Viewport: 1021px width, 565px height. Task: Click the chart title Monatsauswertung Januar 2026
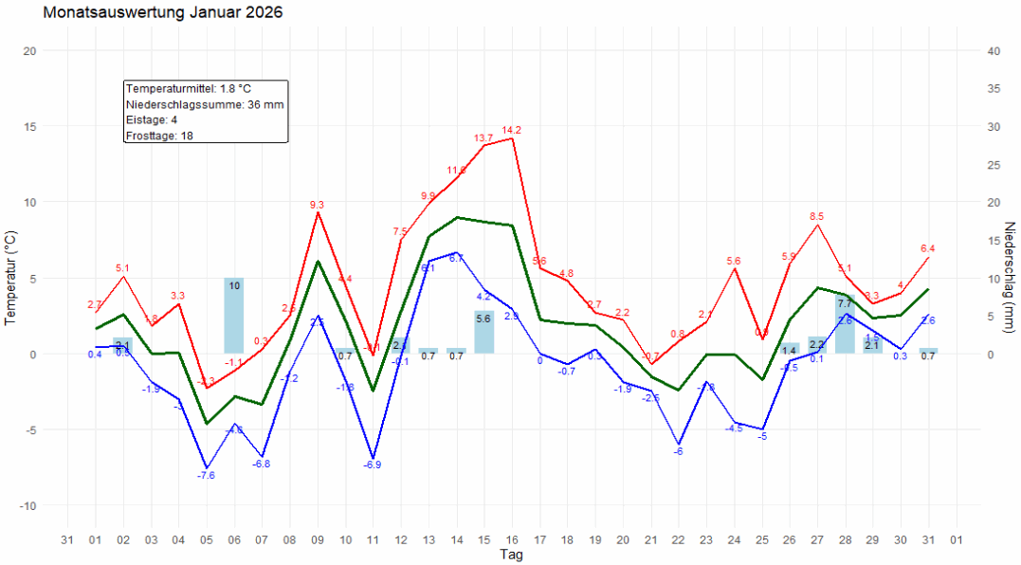pyautogui.click(x=162, y=13)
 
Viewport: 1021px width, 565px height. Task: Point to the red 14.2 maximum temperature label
pyautogui.click(x=512, y=130)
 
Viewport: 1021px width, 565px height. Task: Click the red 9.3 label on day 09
pyautogui.click(x=317, y=205)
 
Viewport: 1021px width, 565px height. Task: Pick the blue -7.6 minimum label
pyautogui.click(x=206, y=475)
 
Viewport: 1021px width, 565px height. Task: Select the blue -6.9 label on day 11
pyautogui.click(x=372, y=465)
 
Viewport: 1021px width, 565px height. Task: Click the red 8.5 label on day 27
pyautogui.click(x=817, y=216)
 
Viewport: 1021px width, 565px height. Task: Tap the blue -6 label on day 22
pyautogui.click(x=678, y=451)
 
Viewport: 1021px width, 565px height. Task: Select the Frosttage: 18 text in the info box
pyautogui.click(x=160, y=136)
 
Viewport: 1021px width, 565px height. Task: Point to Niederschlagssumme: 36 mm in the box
pyautogui.click(x=205, y=104)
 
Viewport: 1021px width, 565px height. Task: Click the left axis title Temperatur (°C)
pyautogui.click(x=10, y=278)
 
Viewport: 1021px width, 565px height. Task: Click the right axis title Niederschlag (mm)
pyautogui.click(x=1010, y=278)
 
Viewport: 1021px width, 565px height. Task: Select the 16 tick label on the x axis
pyautogui.click(x=512, y=539)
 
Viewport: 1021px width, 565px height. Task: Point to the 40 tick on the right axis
pyautogui.click(x=994, y=51)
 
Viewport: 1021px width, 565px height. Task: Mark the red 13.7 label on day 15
pyautogui.click(x=483, y=138)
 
